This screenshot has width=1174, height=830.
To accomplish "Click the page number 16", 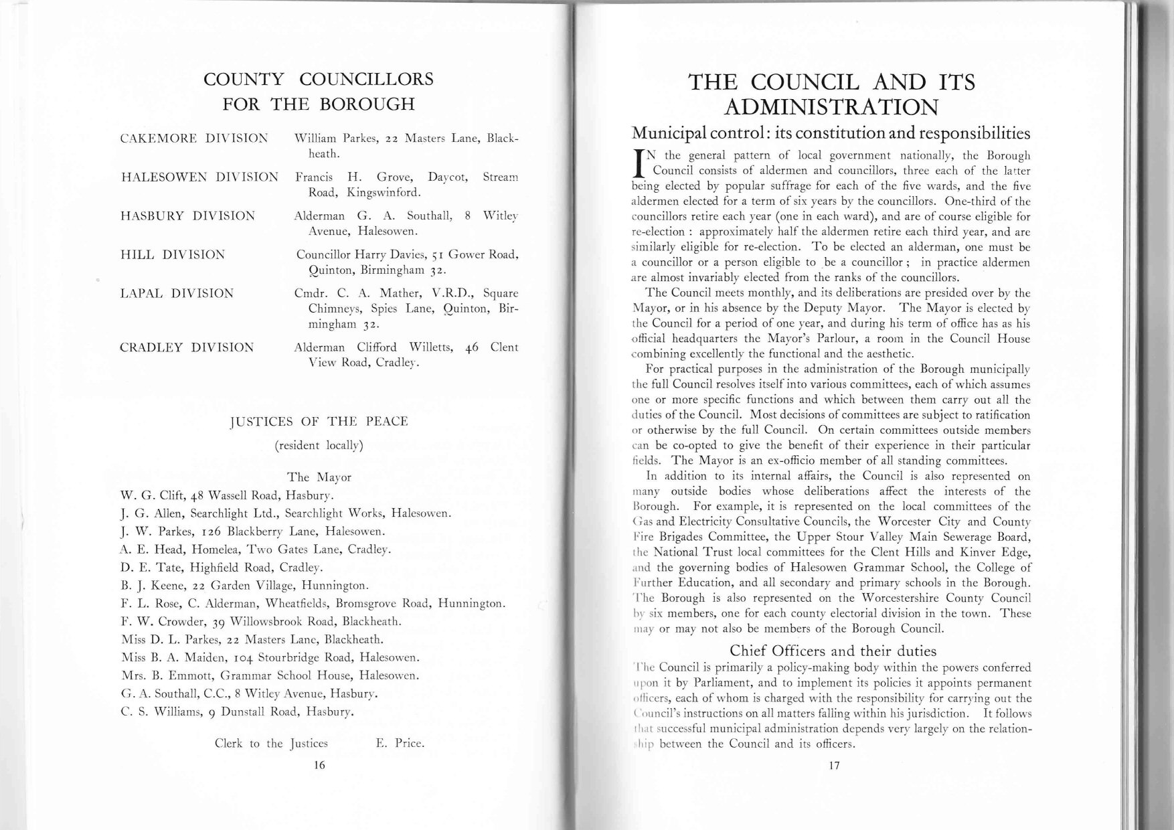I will click(319, 766).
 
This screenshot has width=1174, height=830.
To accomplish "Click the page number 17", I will click(833, 766).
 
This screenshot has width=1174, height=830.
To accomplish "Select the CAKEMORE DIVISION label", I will click(193, 139).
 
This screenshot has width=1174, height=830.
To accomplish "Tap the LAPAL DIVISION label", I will click(177, 293).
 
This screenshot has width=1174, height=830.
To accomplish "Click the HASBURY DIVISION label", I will click(187, 216).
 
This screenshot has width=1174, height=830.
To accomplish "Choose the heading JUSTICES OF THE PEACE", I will click(319, 421).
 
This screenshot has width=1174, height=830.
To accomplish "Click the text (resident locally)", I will click(319, 445).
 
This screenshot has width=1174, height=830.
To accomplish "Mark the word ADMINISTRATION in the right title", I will click(832, 107).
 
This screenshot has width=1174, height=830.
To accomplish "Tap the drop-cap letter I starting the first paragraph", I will click(640, 163).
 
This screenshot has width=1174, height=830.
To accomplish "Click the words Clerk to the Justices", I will click(271, 743).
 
